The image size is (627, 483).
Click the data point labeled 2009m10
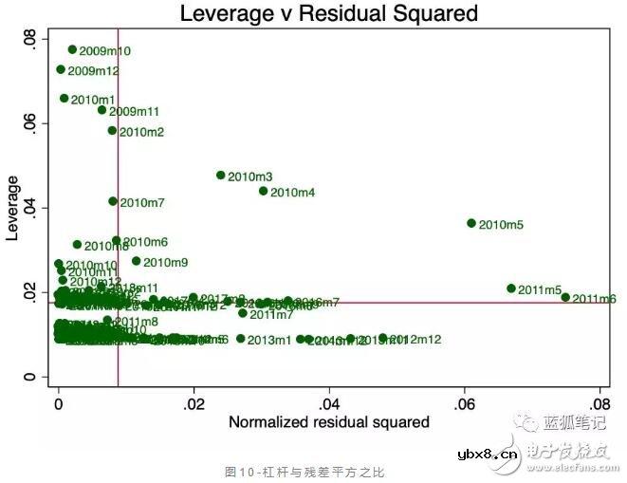tap(72, 49)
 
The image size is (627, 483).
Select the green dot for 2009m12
tap(61, 69)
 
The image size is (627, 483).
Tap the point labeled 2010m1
tap(65, 98)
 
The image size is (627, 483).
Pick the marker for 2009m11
tap(102, 110)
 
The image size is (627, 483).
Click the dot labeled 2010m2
tap(112, 131)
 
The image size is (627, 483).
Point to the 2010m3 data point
tap(221, 176)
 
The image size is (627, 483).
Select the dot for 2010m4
tap(264, 191)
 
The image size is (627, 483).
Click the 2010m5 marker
tap(471, 223)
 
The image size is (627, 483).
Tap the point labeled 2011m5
tap(511, 288)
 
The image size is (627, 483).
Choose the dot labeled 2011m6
tap(565, 297)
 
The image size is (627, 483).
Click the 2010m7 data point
tap(113, 201)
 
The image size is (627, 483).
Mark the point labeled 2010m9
tap(136, 261)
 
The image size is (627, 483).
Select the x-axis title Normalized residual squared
tap(329, 421)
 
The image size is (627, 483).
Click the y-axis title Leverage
tap(13, 208)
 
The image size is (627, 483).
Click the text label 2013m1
tap(270, 340)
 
